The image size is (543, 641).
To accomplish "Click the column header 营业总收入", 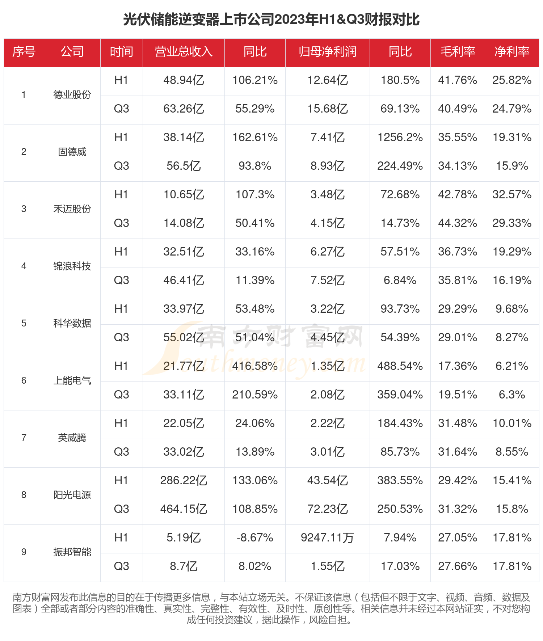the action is [184, 52].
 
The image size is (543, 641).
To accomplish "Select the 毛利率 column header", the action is [458, 52].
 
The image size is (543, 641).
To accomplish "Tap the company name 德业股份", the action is [72, 95].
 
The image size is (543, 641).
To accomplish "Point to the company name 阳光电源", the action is [72, 495].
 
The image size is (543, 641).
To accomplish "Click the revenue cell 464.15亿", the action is [184, 509].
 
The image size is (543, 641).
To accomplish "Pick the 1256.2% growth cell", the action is [400, 138].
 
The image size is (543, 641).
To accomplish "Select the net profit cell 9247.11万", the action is [327, 538].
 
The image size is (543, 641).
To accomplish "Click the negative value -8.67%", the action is [255, 538].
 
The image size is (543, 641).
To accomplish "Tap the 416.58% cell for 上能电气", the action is [255, 366].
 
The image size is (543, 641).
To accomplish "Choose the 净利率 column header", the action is [512, 52].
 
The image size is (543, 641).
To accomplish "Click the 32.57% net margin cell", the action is [512, 195].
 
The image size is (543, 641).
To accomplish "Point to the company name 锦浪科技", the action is [72, 266].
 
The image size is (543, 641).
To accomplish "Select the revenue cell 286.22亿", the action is [184, 481].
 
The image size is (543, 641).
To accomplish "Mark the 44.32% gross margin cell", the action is [458, 223].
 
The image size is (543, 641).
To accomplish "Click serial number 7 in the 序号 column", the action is [24, 438].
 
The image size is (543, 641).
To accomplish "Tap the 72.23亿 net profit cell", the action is [327, 509].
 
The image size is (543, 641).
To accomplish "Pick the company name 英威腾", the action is [72, 438].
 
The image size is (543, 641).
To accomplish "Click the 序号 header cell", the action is [24, 52].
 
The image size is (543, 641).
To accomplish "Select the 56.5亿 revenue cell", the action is [184, 166].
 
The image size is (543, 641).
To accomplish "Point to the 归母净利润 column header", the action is [327, 52].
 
